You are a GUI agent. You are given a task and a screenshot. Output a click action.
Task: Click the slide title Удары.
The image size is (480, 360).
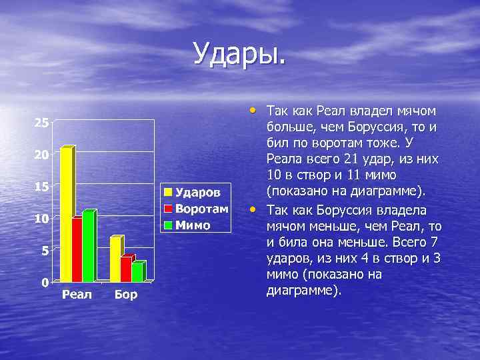239,53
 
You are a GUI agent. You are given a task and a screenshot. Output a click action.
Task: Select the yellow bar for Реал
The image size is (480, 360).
66,213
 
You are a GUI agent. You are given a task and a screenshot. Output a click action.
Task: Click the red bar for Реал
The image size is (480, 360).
77,249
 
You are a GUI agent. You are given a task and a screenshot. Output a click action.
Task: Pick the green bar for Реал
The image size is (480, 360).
87,245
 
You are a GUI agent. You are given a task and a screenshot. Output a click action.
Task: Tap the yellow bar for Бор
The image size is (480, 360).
115,259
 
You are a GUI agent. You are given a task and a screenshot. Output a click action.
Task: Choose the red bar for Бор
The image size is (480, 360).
125,268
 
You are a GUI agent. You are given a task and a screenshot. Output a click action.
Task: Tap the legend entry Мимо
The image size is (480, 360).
193,225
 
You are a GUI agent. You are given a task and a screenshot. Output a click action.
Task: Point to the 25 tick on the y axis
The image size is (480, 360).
41,123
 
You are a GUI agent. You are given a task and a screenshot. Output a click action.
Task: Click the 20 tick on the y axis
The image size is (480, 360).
41,155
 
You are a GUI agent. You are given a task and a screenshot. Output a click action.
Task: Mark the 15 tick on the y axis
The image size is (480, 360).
41,187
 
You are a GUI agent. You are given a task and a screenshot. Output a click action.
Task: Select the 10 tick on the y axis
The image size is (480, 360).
41,219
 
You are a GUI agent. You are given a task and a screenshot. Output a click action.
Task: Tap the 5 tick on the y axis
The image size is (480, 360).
44,251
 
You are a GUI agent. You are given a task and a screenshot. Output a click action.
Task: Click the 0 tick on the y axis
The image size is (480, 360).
44,282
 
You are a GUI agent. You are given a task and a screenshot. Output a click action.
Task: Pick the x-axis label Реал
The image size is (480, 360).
77,295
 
